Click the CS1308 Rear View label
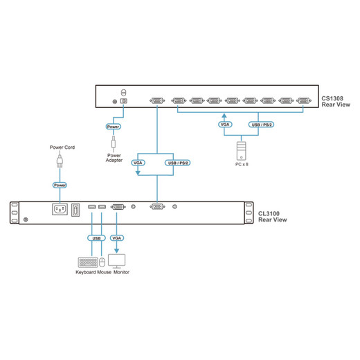point(336,102)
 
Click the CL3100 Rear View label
point(272,217)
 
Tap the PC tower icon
point(241,151)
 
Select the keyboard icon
point(88,262)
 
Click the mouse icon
point(102,262)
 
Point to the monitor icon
point(117,261)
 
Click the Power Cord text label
point(62,147)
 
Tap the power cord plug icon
point(60,160)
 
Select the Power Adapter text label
point(114,158)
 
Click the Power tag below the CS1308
point(113,127)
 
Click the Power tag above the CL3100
point(60,185)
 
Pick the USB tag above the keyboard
point(96,238)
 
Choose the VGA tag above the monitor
point(117,238)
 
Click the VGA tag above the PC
point(225,125)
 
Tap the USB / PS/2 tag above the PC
point(261,125)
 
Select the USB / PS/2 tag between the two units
point(177,163)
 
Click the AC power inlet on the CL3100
point(60,209)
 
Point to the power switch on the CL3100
point(75,210)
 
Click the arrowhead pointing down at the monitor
point(116,251)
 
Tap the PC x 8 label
point(242,164)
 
